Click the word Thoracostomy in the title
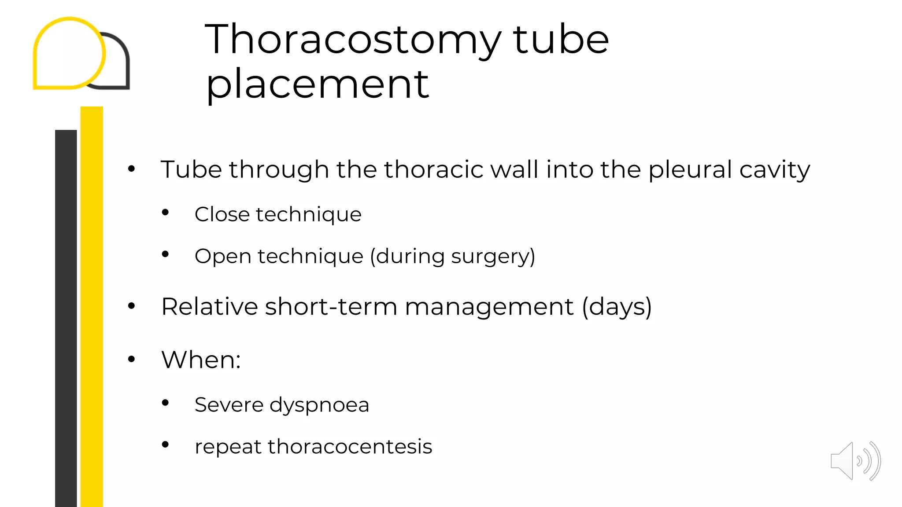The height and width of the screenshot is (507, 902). click(x=353, y=40)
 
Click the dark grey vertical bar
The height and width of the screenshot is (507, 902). click(x=66, y=317)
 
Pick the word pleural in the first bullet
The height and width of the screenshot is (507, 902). click(x=690, y=169)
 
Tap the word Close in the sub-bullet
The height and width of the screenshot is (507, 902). click(x=222, y=214)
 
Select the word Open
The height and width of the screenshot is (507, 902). click(x=222, y=257)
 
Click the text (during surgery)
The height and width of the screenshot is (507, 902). click(x=452, y=257)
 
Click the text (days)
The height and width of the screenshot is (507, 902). click(x=617, y=307)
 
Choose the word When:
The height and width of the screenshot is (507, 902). click(x=201, y=360)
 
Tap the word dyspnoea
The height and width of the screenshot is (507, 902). click(x=319, y=405)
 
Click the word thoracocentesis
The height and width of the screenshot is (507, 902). click(x=350, y=447)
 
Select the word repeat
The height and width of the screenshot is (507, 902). click(x=228, y=448)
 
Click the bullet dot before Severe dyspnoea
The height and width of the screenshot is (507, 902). click(x=165, y=403)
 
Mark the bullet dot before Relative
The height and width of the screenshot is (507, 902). click(x=131, y=306)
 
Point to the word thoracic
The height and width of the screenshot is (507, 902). click(x=433, y=169)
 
